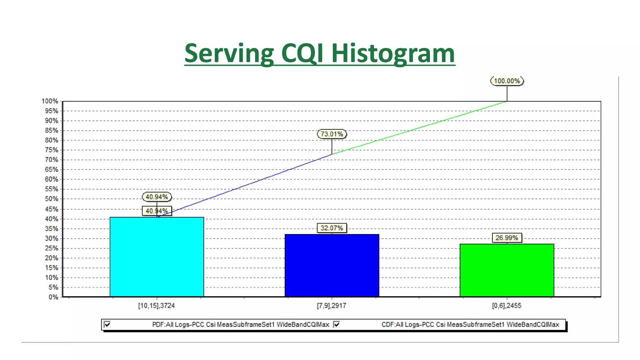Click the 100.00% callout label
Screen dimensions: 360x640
(507, 81)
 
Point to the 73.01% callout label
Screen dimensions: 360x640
(332, 134)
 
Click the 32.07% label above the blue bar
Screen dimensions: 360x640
(332, 228)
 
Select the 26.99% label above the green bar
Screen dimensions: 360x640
(507, 238)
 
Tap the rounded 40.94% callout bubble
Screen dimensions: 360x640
(157, 197)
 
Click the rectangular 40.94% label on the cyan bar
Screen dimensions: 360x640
(157, 211)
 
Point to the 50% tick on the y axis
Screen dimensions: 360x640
(52, 199)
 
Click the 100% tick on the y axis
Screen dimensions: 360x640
(50, 101)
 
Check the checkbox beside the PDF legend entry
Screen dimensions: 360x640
(107, 324)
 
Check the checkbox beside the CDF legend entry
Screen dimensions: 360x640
(337, 324)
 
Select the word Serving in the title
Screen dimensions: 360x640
(229, 53)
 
